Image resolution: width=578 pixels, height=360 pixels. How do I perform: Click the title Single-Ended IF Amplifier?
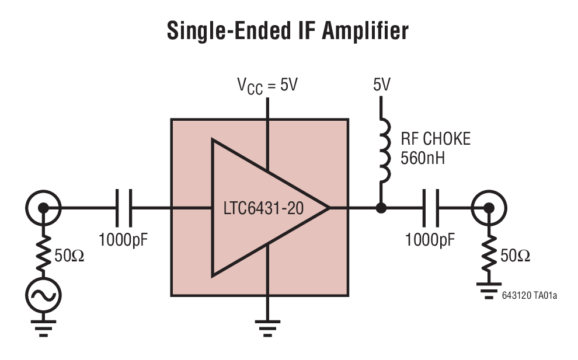(288, 30)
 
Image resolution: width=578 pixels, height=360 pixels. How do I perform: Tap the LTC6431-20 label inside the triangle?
(263, 208)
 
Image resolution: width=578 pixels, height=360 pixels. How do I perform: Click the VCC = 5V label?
(267, 85)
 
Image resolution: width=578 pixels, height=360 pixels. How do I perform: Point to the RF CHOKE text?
(434, 139)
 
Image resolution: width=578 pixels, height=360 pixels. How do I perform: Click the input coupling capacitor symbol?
(124, 208)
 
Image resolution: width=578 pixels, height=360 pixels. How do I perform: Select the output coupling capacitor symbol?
(431, 208)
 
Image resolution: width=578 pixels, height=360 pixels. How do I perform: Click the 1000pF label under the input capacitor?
(124, 239)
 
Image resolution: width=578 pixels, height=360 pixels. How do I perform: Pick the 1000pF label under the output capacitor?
(431, 239)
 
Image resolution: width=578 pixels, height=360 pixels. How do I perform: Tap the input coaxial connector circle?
(43, 208)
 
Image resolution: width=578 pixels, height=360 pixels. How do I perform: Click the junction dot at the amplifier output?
(381, 208)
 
